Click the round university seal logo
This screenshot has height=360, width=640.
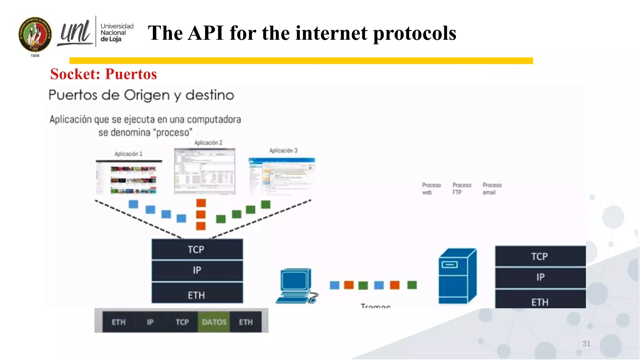(35, 34)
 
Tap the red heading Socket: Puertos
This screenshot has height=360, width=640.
(103, 74)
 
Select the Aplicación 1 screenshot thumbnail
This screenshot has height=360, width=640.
(128, 177)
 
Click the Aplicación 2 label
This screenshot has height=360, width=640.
(208, 143)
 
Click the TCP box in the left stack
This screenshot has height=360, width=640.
(197, 249)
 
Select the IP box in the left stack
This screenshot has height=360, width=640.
(197, 270)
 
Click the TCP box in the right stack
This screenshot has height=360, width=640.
(540, 256)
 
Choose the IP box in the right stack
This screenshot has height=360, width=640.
(540, 277)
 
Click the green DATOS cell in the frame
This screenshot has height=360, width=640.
(214, 322)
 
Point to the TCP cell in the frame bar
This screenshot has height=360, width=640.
(182, 322)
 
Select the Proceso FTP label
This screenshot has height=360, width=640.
(462, 189)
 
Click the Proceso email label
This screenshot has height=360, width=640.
(492, 189)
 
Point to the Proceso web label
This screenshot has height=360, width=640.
(431, 189)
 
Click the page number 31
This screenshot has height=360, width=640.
(586, 344)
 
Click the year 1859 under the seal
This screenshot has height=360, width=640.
(35, 56)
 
